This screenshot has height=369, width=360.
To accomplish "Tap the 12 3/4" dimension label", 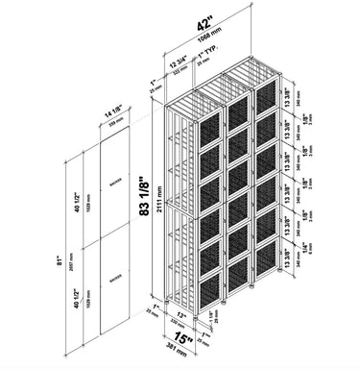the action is point(180,61).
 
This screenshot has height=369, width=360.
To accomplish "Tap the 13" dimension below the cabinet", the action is point(182,315).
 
